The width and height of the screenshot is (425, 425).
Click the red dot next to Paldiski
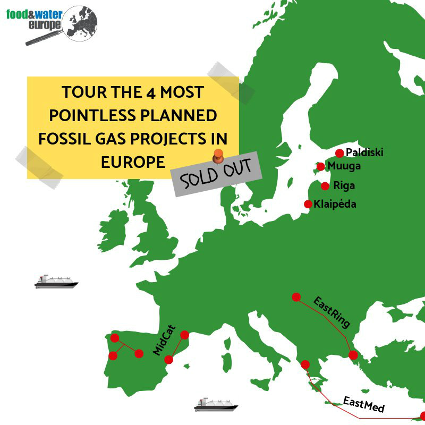339,154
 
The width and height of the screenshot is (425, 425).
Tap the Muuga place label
344,166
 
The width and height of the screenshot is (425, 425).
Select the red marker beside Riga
325,186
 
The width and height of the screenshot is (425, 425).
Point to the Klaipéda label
335,204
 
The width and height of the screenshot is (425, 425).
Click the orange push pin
218,156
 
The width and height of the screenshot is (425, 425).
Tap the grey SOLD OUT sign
216,174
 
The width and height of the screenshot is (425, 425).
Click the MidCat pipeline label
164,340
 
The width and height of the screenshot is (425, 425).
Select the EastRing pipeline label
331,312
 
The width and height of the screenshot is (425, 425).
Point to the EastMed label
364,404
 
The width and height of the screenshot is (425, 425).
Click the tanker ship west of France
56,282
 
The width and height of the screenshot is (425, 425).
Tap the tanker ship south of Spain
216,404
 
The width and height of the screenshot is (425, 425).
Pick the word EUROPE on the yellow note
133,162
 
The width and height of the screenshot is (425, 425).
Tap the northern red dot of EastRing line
296,297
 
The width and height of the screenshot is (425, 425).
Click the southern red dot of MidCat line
168,360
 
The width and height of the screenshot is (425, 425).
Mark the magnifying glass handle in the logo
44,38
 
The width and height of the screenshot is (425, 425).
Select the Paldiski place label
364,152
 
